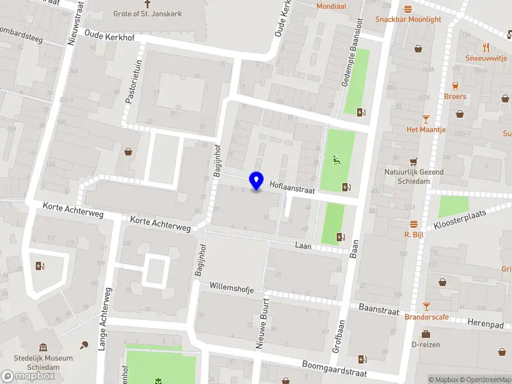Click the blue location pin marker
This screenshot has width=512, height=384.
pos(257,180)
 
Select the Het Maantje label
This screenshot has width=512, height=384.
pos(425,129)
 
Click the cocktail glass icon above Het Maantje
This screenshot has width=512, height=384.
pos(426,118)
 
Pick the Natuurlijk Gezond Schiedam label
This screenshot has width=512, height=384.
pos(414,176)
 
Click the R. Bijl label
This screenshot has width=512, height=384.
pos(415,234)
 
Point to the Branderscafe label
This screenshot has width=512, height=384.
pos(426,317)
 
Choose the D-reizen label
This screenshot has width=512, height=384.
pos(426,344)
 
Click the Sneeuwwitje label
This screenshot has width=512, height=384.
pos(486,57)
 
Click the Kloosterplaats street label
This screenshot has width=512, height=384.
pos(460,220)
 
